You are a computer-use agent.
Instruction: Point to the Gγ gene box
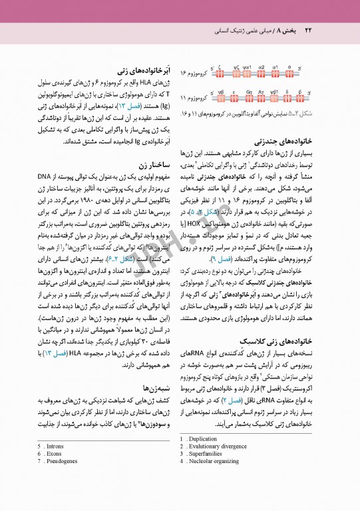point(250,98)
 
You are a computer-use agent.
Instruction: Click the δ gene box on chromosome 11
point(287,98)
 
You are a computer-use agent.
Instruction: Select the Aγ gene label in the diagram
point(262,92)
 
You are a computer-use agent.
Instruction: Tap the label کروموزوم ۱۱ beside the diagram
point(196,98)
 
